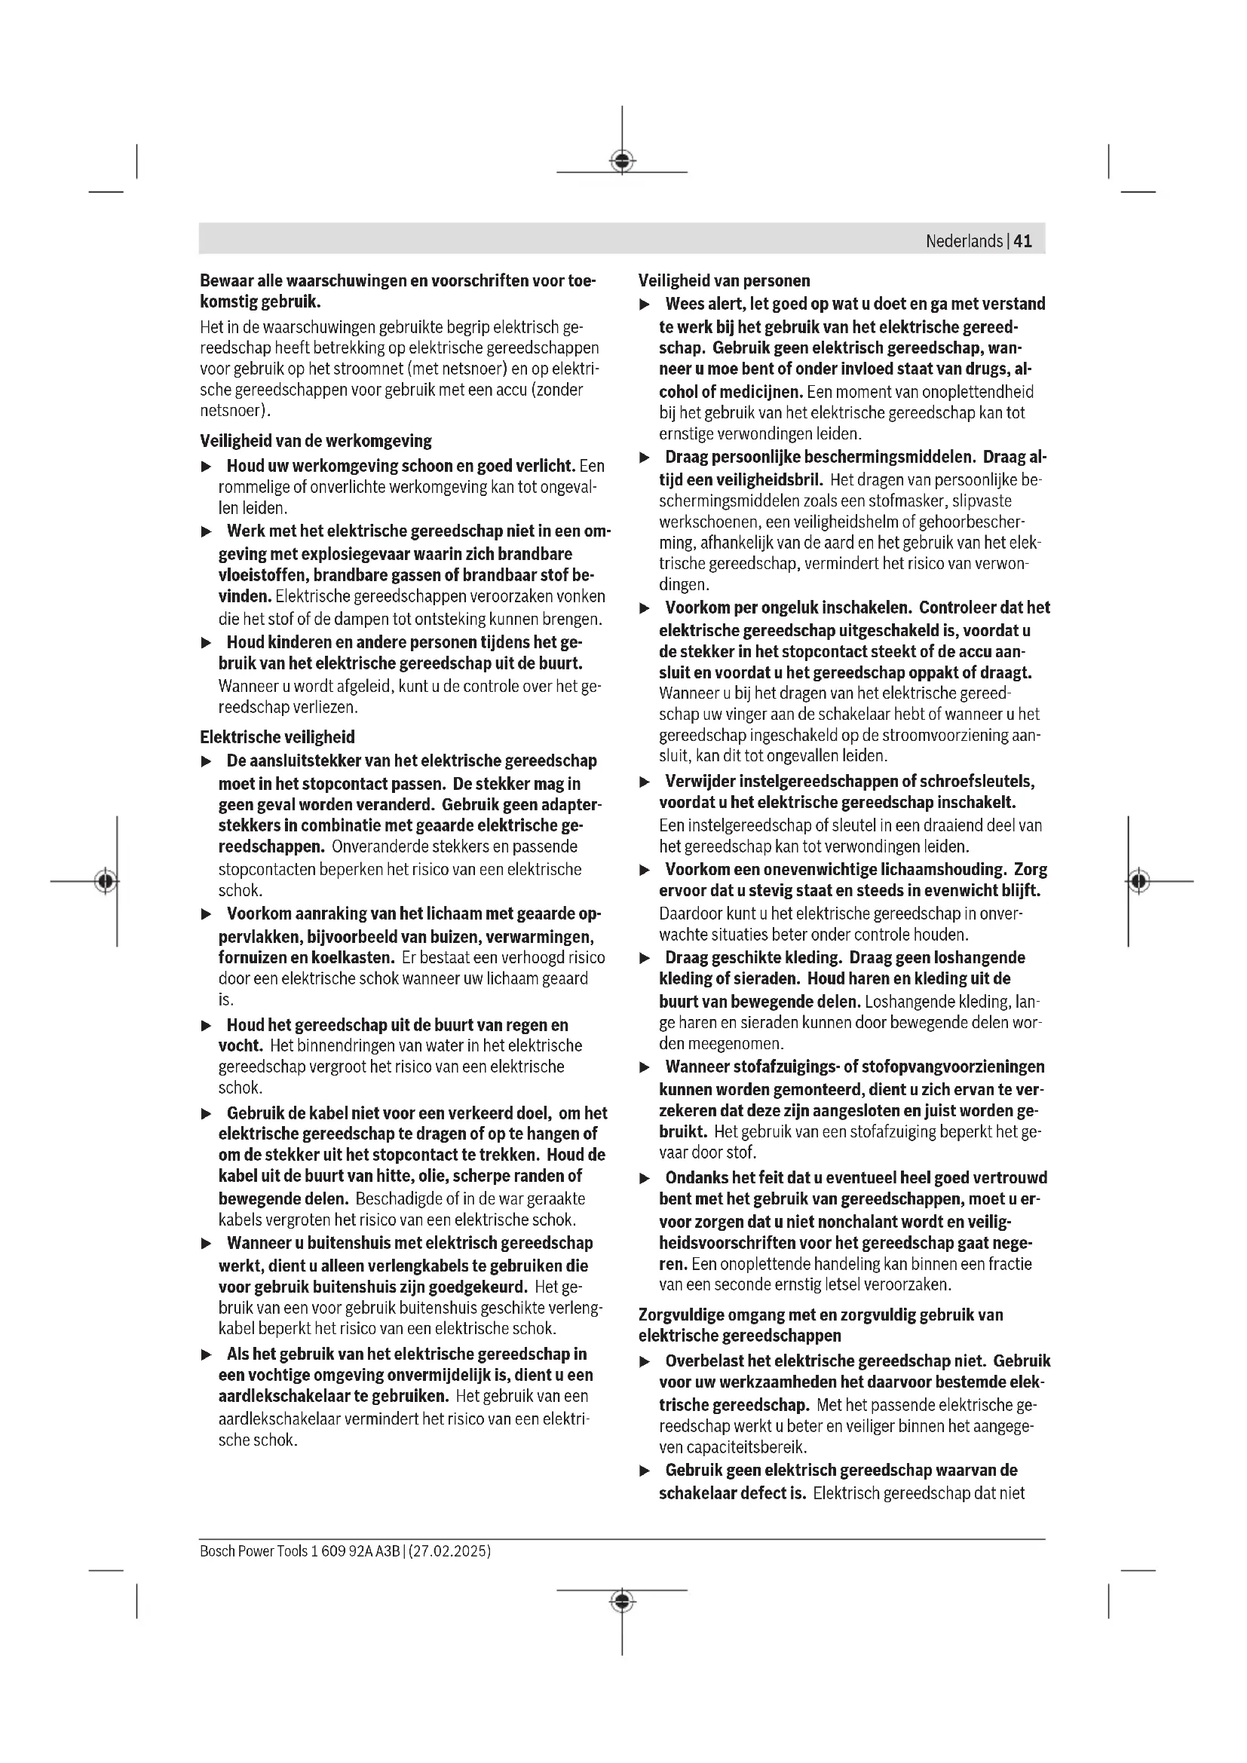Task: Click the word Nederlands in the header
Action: [964, 241]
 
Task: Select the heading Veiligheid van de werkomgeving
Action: [316, 441]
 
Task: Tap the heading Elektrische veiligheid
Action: [277, 737]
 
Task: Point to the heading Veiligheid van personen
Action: [724, 280]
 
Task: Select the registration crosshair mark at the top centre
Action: [622, 161]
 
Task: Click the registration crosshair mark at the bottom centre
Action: [622, 1601]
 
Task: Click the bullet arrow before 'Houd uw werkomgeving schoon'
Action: [206, 466]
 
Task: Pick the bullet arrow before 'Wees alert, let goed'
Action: [645, 305]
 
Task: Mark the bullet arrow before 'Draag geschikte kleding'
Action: [645, 958]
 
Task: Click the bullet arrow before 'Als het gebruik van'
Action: [206, 1354]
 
